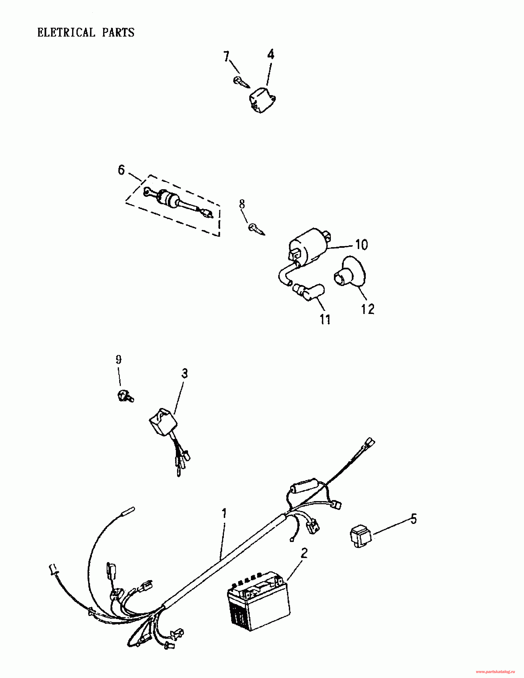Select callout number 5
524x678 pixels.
tap(413, 519)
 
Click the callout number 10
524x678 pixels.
tap(361, 245)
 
